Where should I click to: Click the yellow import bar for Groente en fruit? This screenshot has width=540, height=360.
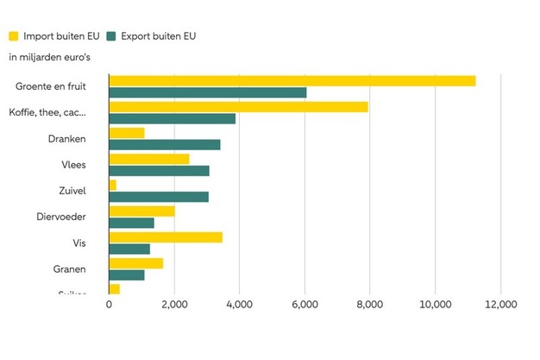coord(292,81)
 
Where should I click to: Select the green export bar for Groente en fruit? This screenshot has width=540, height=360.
coord(207,92)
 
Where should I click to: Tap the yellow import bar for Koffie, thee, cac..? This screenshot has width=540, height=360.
coord(238,107)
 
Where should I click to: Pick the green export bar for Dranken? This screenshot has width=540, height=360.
coord(164,144)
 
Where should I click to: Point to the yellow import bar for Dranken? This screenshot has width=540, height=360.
coord(127,133)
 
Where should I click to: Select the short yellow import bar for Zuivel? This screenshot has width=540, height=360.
coord(112,185)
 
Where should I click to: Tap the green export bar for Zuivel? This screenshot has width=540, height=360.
coord(159,197)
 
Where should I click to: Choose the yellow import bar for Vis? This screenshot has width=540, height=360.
coord(166,237)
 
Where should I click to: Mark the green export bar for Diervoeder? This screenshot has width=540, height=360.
coord(131,223)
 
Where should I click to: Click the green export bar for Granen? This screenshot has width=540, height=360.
coord(127,275)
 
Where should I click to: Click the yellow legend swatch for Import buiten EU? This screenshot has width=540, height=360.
coord(15,36)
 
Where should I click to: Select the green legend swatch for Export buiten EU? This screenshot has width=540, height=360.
coord(111,36)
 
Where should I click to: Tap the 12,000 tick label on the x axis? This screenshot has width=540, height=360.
coord(500,304)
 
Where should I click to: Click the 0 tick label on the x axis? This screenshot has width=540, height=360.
coord(110,304)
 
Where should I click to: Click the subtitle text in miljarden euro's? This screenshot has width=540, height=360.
coord(50,57)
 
